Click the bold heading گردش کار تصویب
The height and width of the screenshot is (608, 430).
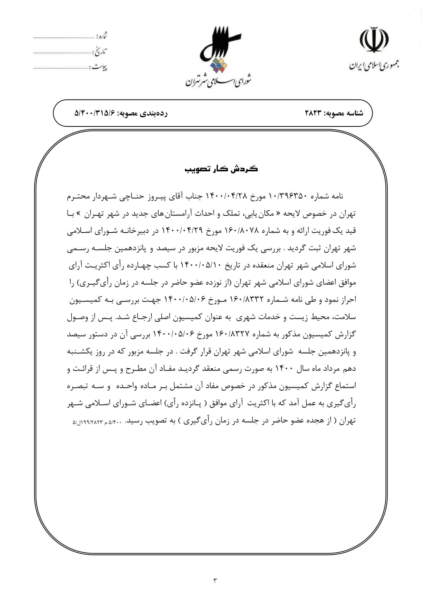click(221, 169)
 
